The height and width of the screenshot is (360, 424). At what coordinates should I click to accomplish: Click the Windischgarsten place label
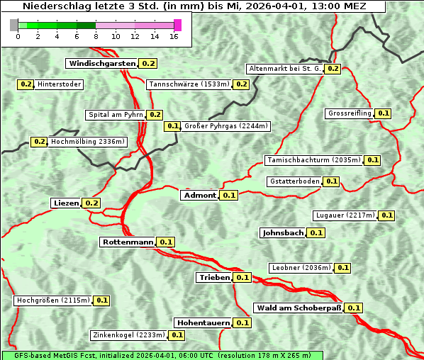(102, 63)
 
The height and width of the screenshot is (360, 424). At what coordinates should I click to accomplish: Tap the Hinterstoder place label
(60, 84)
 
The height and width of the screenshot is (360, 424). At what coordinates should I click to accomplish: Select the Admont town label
(200, 195)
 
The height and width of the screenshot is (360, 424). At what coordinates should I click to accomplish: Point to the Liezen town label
(66, 203)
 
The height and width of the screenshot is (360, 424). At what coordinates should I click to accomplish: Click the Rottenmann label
(128, 242)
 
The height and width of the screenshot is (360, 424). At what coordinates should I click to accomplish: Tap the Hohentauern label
(203, 322)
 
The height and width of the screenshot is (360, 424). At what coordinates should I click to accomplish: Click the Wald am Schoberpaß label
(298, 308)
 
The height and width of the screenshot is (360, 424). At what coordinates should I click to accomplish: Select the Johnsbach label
(283, 232)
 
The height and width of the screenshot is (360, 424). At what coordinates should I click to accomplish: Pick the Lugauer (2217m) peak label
(345, 215)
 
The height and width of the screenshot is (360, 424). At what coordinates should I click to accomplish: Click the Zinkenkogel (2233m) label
(128, 335)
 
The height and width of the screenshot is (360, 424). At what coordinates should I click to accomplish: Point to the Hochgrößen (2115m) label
(53, 300)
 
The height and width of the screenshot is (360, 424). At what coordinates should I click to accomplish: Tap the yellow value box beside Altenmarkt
(333, 69)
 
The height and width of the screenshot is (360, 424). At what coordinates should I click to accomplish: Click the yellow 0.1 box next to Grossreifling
(383, 113)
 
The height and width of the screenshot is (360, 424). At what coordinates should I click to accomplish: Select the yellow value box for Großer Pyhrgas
(172, 126)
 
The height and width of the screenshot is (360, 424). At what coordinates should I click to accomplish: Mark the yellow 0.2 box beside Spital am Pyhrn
(155, 115)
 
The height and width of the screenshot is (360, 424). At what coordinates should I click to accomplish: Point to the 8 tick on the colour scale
(96, 36)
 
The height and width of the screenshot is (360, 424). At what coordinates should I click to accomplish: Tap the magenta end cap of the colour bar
(177, 25)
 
